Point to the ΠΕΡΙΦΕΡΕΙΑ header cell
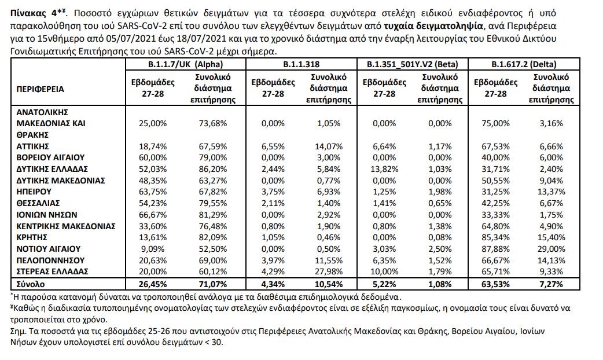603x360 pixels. tap(41, 89)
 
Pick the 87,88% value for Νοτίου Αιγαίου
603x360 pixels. tap(495, 248)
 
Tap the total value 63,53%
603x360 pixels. tap(495, 284)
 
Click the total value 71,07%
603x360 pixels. tap(211, 284)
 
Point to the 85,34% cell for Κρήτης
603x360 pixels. tap(495, 237)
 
